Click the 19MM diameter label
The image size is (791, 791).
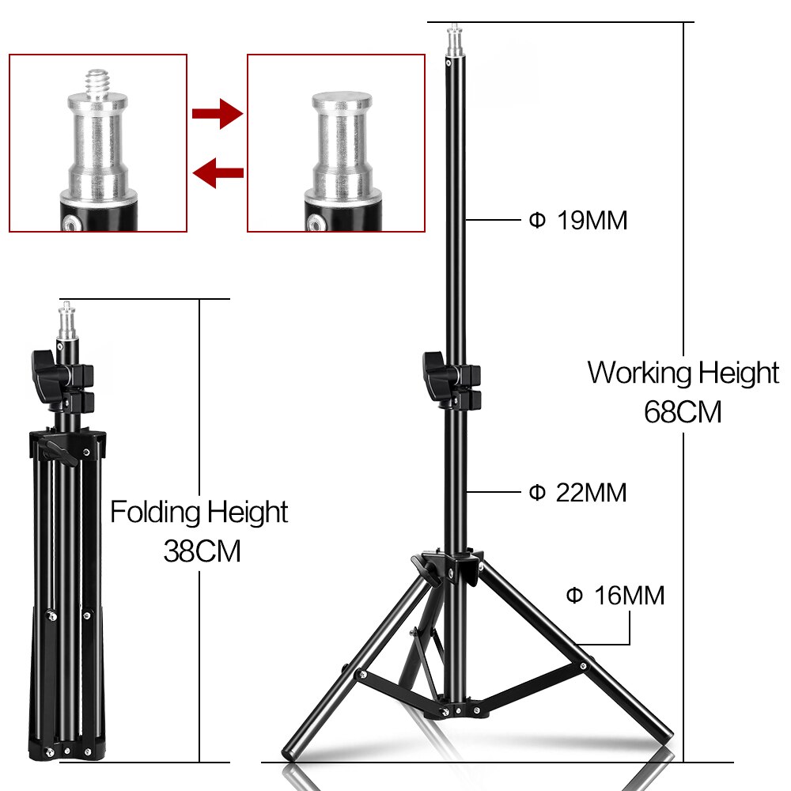pyautogui.click(x=590, y=221)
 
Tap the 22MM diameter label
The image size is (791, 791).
pyautogui.click(x=590, y=493)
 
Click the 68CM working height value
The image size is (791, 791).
pyautogui.click(x=683, y=412)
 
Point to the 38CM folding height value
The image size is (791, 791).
pyautogui.click(x=202, y=551)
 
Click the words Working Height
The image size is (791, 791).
pyautogui.click(x=683, y=372)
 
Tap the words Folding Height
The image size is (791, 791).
pyautogui.click(x=199, y=512)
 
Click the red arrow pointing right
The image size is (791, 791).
pyautogui.click(x=217, y=113)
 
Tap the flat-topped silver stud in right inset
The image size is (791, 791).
pyautogui.click(x=342, y=103)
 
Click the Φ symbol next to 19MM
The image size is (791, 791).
pyautogui.click(x=537, y=221)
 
